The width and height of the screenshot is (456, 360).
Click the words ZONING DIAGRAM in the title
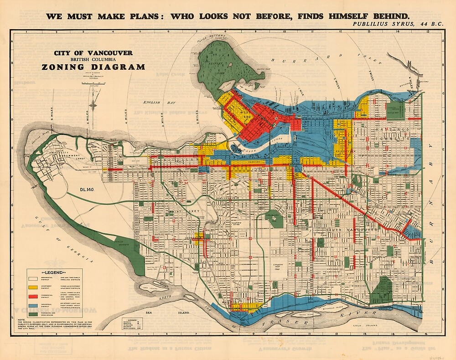point(93,67)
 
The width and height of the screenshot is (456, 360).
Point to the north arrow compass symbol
point(93,103)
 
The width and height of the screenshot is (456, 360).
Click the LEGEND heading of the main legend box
point(54,273)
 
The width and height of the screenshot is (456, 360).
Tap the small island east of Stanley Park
point(257,85)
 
